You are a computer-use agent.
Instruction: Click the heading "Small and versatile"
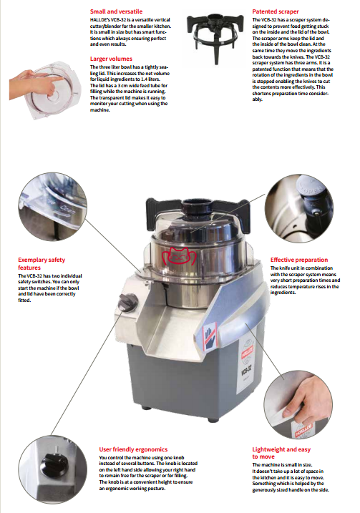tap(116, 11)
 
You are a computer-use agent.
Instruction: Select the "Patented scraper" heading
tap(276, 11)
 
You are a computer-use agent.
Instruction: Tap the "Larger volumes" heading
tap(111, 59)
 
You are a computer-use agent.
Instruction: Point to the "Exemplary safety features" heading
tap(42, 264)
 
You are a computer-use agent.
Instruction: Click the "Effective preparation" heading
tap(298, 260)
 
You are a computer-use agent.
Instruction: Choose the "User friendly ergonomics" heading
tap(133, 449)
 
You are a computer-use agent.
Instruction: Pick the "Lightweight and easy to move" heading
tap(281, 453)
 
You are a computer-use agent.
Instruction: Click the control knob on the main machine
tap(127, 302)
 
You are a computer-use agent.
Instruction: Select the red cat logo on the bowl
tap(178, 256)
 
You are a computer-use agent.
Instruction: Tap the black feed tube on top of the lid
tap(197, 206)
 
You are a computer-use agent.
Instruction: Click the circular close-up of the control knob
tap(53, 469)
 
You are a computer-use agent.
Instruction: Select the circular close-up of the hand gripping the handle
tap(298, 404)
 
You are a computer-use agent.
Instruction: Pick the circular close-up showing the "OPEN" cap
tap(299, 208)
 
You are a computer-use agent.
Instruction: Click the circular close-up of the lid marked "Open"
tap(53, 207)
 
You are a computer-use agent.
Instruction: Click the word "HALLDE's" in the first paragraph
tap(99, 19)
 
